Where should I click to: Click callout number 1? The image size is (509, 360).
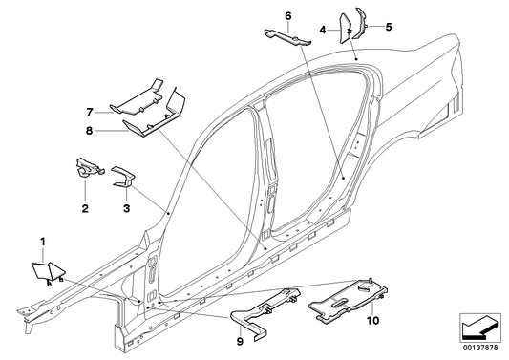click(42, 237)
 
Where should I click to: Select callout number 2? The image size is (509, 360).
click(85, 207)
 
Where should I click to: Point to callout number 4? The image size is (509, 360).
click(324, 31)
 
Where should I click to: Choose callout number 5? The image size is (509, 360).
click(389, 26)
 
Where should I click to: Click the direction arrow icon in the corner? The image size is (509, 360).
click(479, 328)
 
